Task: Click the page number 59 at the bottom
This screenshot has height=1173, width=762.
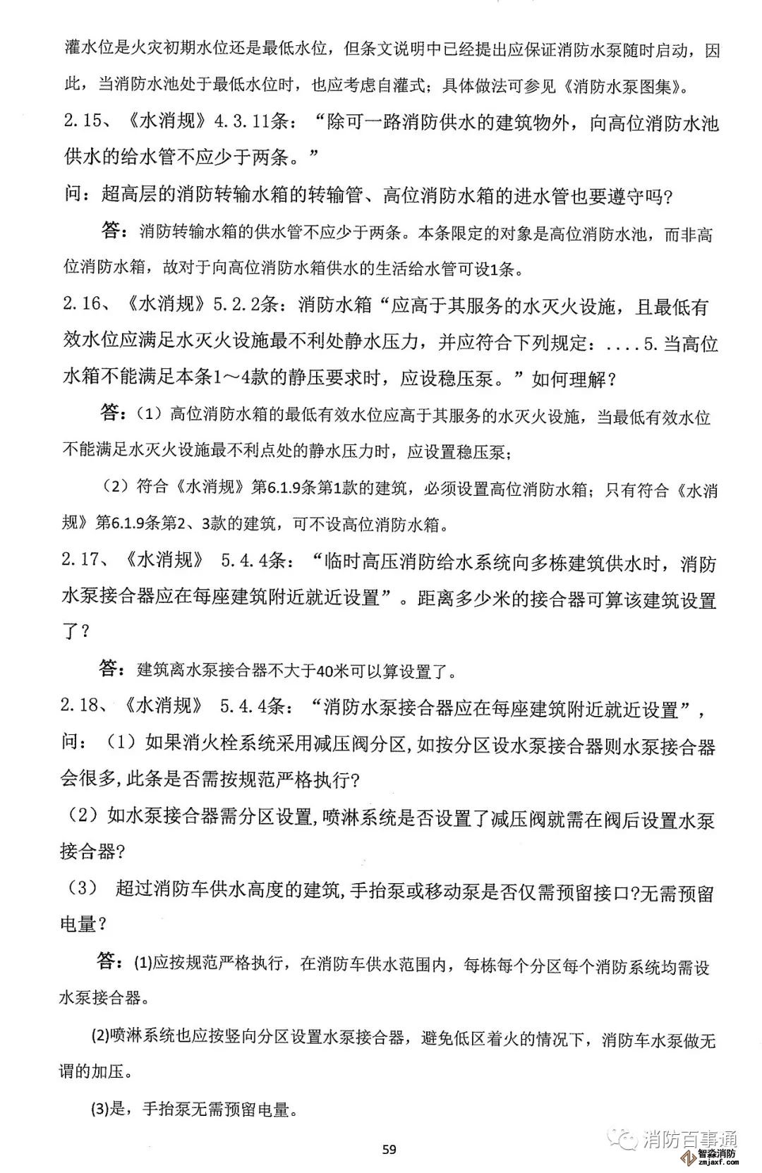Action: pos(389,1149)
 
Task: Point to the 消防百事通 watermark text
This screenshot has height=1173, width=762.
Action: pos(690,1138)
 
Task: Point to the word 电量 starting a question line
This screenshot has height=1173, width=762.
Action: pos(78,923)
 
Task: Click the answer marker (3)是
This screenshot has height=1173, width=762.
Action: pos(108,1109)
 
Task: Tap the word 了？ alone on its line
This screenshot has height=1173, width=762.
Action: pos(76,631)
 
